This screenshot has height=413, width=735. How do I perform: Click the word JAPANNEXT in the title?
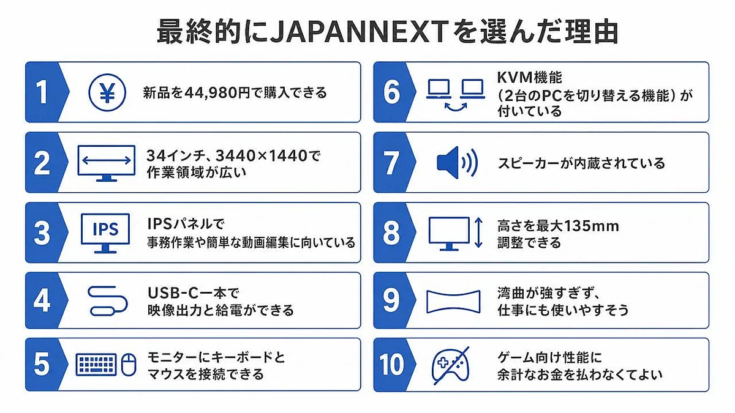pos(360,32)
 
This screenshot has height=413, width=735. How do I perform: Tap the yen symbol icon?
pos(107,92)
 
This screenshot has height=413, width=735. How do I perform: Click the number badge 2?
pos(42,163)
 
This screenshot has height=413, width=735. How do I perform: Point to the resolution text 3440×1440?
pos(262,155)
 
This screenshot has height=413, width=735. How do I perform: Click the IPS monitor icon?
pos(105,233)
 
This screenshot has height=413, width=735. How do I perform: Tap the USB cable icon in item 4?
pos(108,301)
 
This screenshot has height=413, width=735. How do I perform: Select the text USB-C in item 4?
pos(173,292)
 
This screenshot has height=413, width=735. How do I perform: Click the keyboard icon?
pos(96,365)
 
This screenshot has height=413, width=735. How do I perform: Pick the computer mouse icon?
pos(129,365)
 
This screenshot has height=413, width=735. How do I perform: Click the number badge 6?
pos(392,92)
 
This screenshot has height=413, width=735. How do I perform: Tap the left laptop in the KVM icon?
pos(439,89)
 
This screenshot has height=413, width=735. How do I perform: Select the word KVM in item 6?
pos(514,77)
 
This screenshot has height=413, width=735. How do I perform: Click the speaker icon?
pos(457,163)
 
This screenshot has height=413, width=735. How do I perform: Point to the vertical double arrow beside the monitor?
pos(478,233)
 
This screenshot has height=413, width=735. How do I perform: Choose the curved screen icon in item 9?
pos(453,302)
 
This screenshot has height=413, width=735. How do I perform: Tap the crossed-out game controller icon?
pos(451,365)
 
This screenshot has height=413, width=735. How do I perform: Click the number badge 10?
pos(391,365)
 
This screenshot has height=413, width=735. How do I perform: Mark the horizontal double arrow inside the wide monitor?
pos(107,160)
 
